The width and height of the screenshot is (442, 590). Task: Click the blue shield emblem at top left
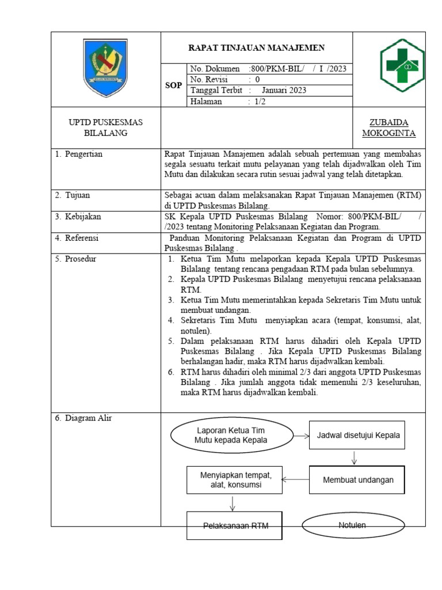(x=105, y=67)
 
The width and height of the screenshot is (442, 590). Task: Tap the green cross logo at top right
(x=402, y=66)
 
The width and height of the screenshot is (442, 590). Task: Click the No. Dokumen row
(x=268, y=69)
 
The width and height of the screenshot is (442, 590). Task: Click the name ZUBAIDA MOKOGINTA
(x=388, y=128)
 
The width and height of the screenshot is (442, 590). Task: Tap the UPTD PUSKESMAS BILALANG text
(x=105, y=128)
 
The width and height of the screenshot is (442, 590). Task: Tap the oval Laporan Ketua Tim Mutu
(x=230, y=436)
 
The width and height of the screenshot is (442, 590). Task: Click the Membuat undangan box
(x=357, y=479)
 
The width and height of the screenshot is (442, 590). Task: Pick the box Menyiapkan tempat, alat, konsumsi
(x=234, y=480)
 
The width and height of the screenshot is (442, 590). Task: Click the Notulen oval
(x=352, y=525)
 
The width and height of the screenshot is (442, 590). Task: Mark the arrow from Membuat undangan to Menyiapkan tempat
(x=295, y=479)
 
